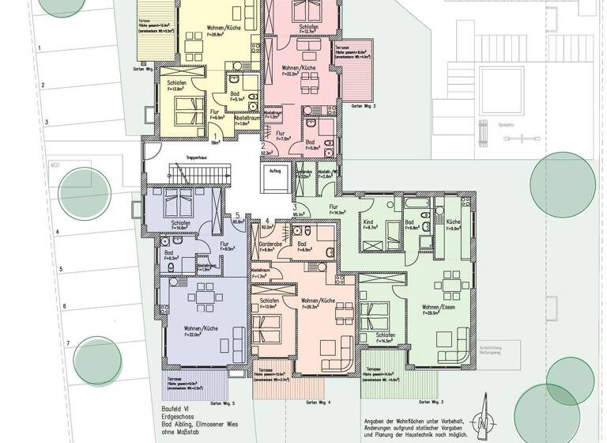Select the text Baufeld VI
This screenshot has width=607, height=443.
point(175,411)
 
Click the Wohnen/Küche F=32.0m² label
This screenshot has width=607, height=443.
point(202,331)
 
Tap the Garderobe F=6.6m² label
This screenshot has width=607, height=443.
point(265,248)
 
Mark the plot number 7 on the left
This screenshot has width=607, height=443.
point(68,343)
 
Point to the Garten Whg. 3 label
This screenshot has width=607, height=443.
point(445,403)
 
